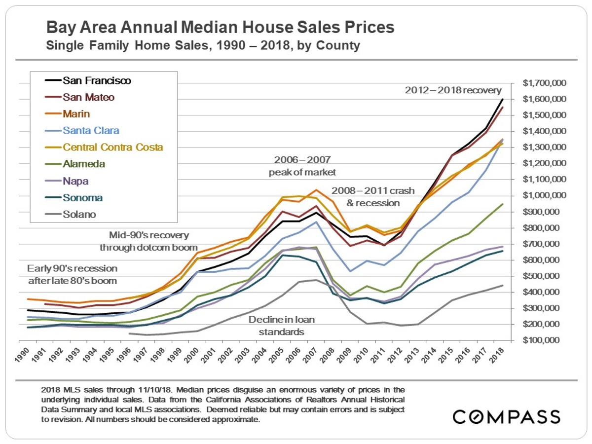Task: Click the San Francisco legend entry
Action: click(97, 80)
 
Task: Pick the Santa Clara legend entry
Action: click(91, 131)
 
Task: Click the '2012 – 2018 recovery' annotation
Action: click(453, 90)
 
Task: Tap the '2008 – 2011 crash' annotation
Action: click(373, 190)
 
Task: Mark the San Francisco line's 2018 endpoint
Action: click(502, 99)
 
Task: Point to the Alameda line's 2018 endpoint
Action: click(502, 204)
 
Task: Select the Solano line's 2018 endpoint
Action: click(502, 285)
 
